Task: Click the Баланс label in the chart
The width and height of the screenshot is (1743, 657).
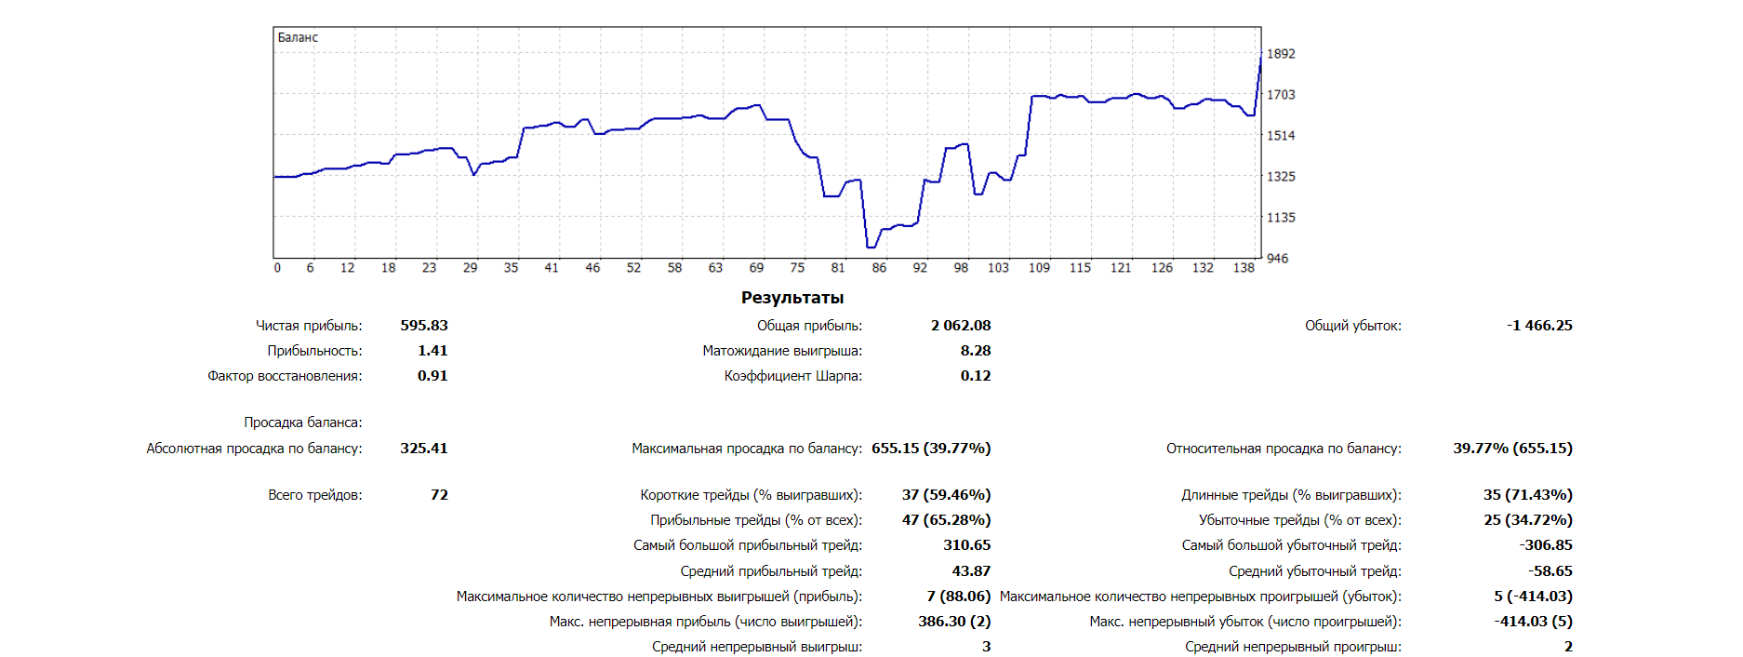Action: pyautogui.click(x=298, y=37)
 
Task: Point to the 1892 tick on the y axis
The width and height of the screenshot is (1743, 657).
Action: pyautogui.click(x=1281, y=54)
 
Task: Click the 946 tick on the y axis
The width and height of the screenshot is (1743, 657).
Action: pyautogui.click(x=1278, y=259)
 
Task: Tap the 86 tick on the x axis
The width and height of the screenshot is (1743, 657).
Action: pyautogui.click(x=879, y=268)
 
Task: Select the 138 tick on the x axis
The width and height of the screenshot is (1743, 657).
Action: pyautogui.click(x=1244, y=268)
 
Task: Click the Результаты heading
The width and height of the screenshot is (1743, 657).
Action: pyautogui.click(x=792, y=298)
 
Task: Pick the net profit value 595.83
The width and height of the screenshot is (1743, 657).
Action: pyautogui.click(x=424, y=326)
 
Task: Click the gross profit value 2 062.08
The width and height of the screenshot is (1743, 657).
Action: pyautogui.click(x=961, y=326)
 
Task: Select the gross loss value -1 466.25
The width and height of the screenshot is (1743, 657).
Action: pyautogui.click(x=1539, y=326)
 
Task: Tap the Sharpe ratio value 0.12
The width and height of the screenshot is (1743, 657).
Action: pyautogui.click(x=976, y=376)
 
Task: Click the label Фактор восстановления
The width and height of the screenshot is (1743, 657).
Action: pyautogui.click(x=285, y=376)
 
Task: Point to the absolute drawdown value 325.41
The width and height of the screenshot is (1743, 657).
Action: pyautogui.click(x=424, y=449)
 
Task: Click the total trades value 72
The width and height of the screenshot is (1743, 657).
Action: pyautogui.click(x=439, y=495)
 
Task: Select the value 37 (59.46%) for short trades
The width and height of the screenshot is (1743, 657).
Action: pyautogui.click(x=946, y=495)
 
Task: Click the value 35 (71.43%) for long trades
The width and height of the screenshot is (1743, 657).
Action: pyautogui.click(x=1527, y=495)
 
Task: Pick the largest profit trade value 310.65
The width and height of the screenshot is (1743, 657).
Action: pyautogui.click(x=967, y=545)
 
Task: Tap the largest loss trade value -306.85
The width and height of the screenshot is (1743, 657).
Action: pyautogui.click(x=1546, y=545)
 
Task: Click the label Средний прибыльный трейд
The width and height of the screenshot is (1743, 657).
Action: pyautogui.click(x=771, y=571)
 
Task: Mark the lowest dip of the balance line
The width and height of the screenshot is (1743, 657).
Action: pyautogui.click(x=871, y=248)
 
